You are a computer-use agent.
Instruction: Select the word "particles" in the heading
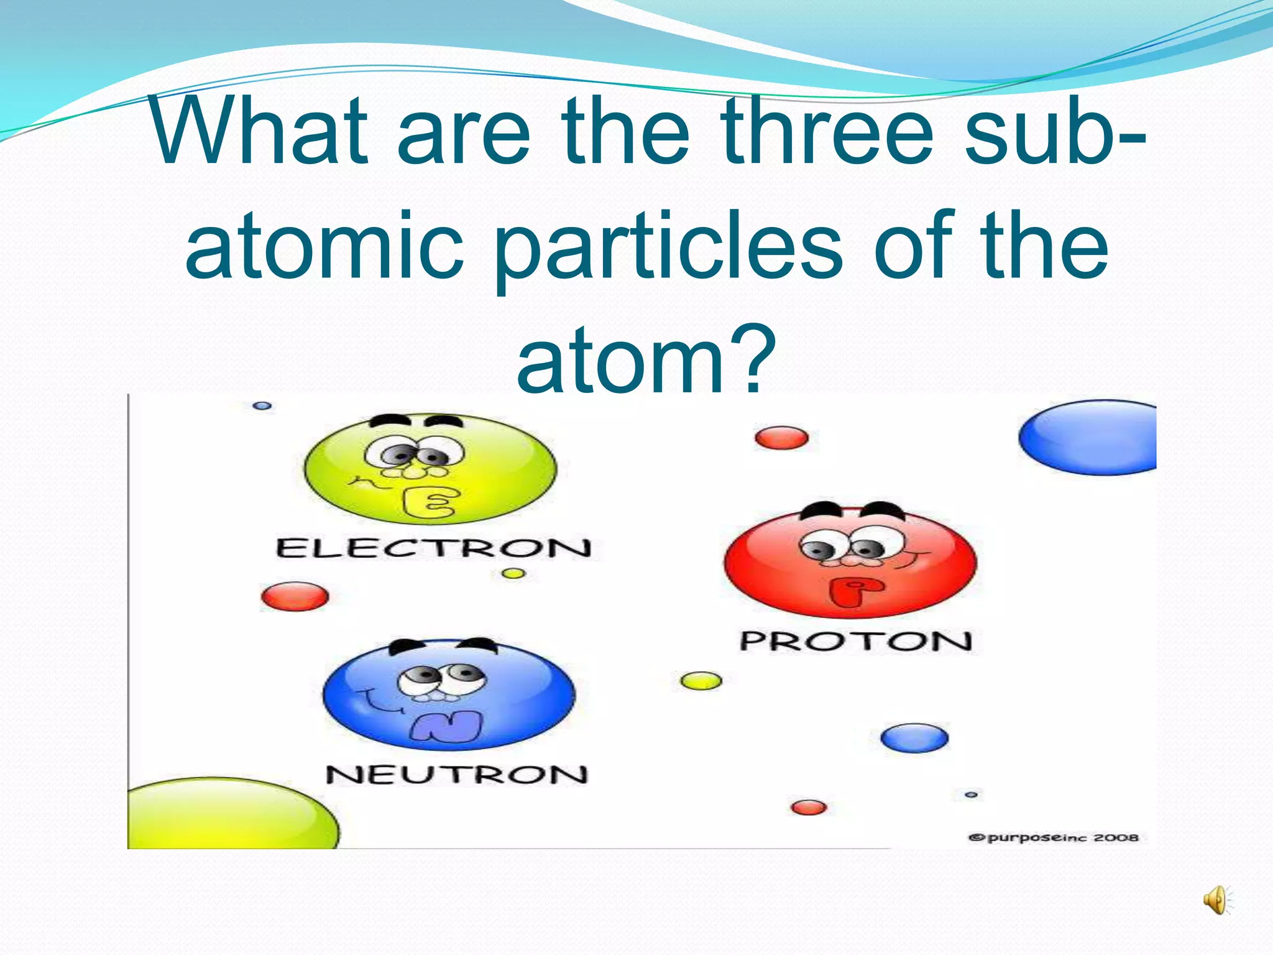[668, 246]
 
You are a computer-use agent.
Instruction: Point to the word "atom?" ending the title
[646, 361]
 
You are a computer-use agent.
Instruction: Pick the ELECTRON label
[433, 548]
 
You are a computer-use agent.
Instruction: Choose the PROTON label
[855, 641]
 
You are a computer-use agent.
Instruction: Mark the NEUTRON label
[456, 775]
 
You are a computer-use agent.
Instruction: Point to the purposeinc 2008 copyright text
[1054, 837]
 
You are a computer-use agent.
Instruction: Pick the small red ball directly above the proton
[782, 438]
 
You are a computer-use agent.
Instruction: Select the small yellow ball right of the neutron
[701, 681]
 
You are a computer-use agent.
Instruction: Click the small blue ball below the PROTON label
[914, 738]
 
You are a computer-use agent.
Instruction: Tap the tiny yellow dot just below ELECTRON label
[513, 573]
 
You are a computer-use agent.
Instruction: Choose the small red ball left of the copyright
[809, 808]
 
